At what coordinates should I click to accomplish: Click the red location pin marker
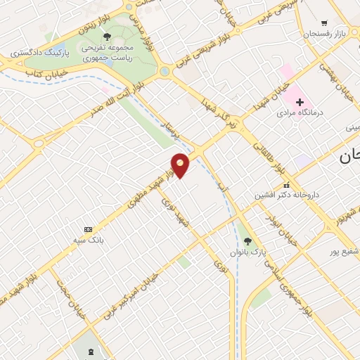(181, 165)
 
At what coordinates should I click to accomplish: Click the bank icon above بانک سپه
(88, 230)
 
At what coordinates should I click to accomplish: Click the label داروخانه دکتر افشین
(284, 195)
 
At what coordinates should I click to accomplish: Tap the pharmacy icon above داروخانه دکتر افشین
(286, 184)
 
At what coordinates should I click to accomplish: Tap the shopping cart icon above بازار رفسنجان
(324, 24)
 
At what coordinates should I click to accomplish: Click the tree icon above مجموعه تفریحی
(107, 36)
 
